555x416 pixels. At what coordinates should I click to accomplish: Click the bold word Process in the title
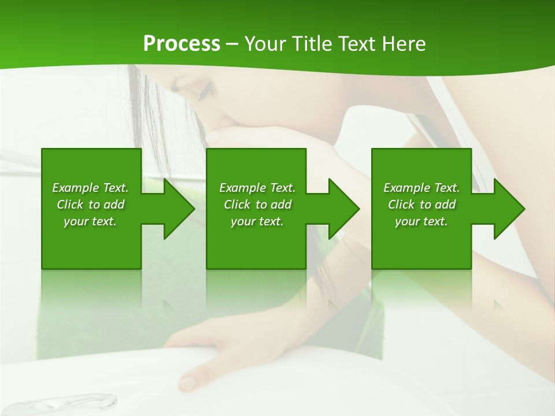182,44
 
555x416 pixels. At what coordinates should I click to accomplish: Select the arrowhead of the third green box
509,209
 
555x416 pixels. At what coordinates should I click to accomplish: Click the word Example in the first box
75,188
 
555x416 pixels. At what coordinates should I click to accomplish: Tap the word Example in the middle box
242,188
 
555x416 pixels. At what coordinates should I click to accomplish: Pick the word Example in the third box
406,188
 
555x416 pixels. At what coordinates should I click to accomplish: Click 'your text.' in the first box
90,221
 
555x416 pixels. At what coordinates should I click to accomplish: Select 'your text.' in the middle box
257,221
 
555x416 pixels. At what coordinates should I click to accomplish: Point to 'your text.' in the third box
421,221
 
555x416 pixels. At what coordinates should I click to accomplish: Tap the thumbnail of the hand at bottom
187,382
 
